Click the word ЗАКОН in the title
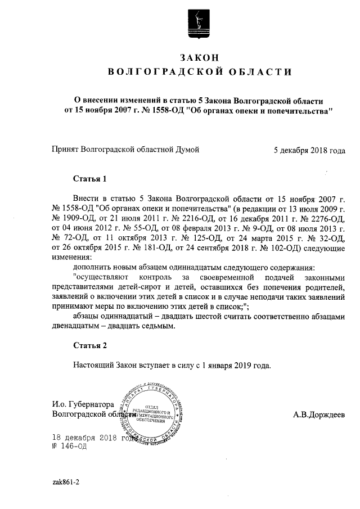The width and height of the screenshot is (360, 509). point(199,57)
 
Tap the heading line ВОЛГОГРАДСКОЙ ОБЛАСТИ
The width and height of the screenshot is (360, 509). point(199,71)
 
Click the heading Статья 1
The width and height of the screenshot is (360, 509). point(89,179)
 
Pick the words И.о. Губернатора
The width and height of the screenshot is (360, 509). point(83,404)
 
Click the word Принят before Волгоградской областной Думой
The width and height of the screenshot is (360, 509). point(65,150)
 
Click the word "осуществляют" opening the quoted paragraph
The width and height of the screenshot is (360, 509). point(101,278)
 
